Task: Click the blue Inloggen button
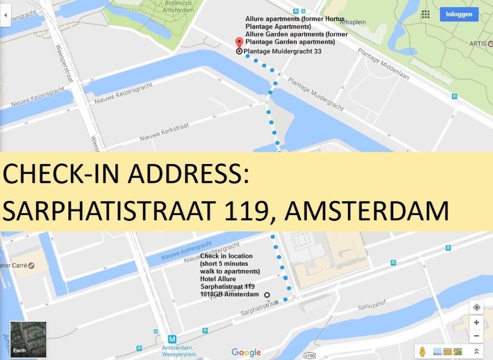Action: [x=459, y=14]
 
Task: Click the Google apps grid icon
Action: [x=425, y=14]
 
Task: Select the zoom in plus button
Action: [x=476, y=322]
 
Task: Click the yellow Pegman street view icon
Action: [x=422, y=351]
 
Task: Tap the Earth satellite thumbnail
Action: [x=28, y=339]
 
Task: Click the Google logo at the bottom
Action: [x=246, y=353]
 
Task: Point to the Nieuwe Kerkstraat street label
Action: [x=164, y=132]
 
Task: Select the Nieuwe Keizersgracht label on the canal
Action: [x=123, y=93]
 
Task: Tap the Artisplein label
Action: [x=353, y=22]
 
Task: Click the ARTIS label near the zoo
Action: [x=478, y=43]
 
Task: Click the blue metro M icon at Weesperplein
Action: [x=172, y=339]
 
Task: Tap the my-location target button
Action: [x=476, y=307]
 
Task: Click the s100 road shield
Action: [x=310, y=356]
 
